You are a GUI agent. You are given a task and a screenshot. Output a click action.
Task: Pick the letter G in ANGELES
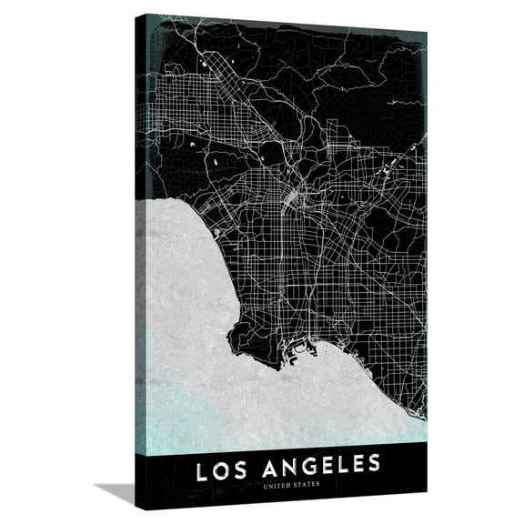(x=301, y=466)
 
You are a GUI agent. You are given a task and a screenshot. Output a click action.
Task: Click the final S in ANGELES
(x=372, y=466)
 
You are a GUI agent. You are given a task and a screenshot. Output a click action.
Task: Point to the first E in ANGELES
(x=320, y=466)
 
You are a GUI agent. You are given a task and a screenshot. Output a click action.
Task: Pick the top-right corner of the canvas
(x=425, y=33)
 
